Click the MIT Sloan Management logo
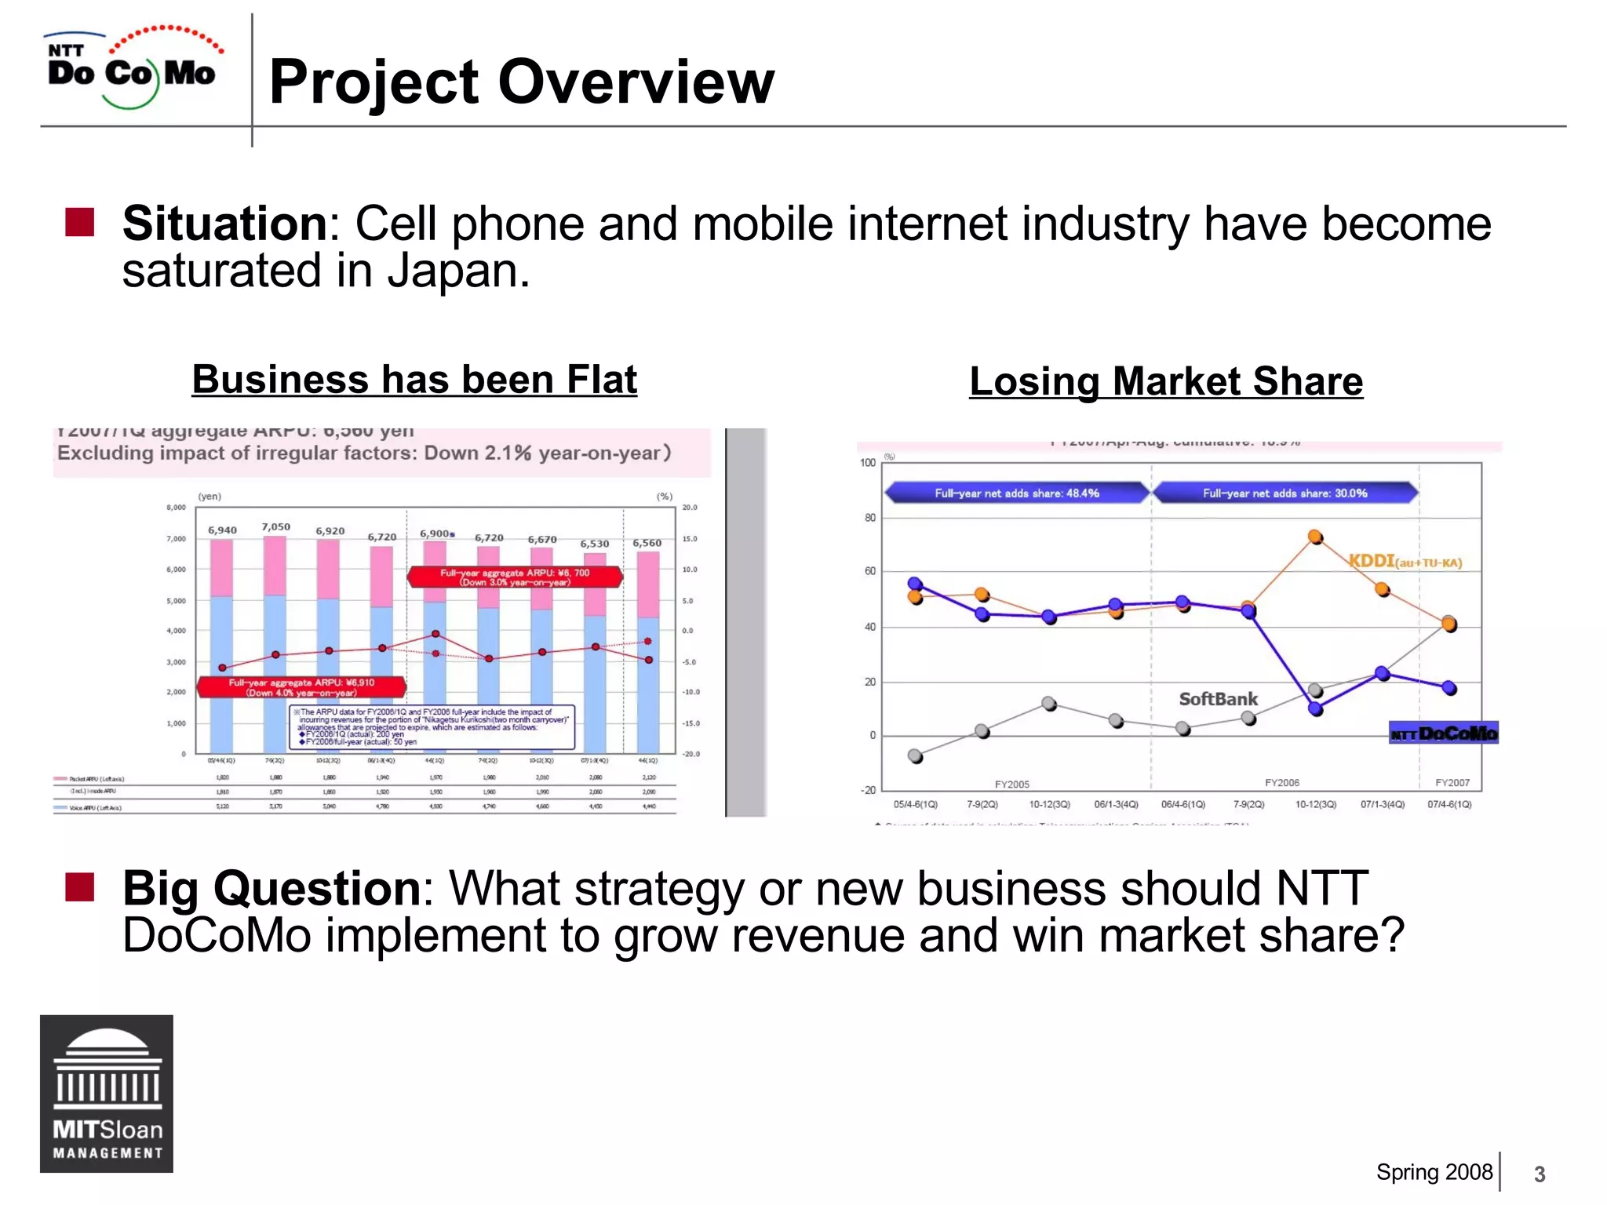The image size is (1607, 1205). [107, 1094]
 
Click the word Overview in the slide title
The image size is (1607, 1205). [636, 82]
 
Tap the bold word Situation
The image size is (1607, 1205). [224, 224]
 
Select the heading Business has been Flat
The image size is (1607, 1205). [414, 380]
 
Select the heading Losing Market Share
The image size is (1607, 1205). [1166, 382]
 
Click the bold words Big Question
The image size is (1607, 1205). [271, 888]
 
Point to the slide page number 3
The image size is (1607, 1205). [1540, 1174]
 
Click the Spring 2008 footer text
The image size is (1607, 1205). [1434, 1172]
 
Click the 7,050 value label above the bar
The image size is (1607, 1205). [275, 527]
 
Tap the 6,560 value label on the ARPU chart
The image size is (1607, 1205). [647, 543]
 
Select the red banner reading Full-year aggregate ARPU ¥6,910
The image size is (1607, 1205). [301, 687]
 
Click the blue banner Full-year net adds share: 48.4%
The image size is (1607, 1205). [1016, 493]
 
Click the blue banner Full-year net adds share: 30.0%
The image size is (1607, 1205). [1285, 493]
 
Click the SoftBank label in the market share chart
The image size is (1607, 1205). [1218, 699]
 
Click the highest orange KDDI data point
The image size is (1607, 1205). [1316, 537]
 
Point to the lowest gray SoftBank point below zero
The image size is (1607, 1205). [915, 756]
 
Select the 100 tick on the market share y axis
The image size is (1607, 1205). [867, 463]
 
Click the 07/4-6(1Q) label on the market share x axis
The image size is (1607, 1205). [1449, 804]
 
